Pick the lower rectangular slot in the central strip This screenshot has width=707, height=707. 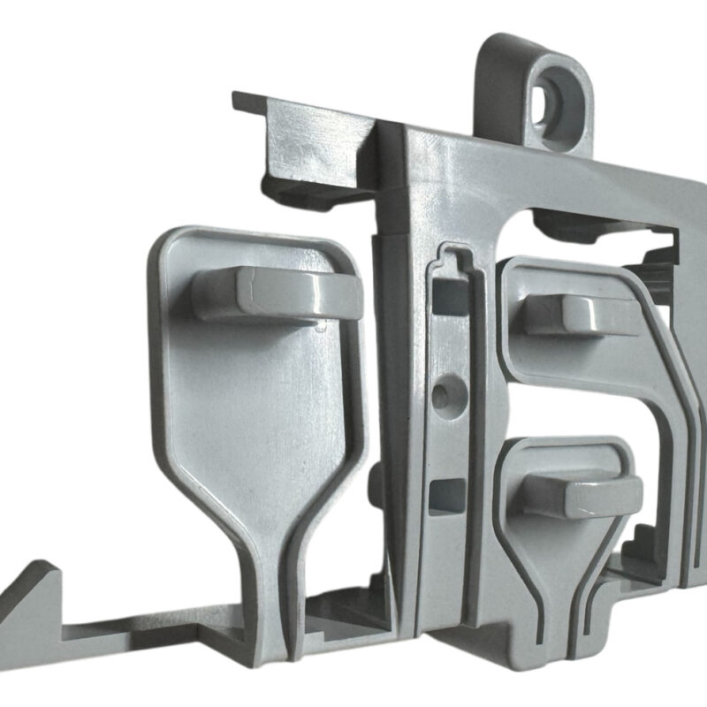click(x=447, y=495)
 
